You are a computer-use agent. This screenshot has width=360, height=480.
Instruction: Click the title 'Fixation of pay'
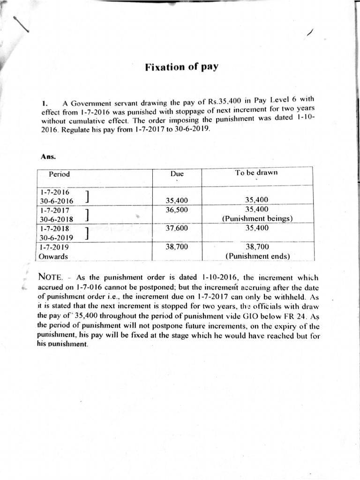coord(182,67)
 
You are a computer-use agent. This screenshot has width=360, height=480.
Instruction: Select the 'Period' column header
coord(59,174)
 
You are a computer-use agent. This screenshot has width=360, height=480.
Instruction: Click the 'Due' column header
coord(177,174)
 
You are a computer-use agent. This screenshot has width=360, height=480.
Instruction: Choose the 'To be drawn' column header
coord(256,172)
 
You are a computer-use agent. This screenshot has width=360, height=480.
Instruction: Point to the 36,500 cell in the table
coord(177,210)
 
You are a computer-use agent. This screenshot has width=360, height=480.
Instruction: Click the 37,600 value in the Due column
coord(177,228)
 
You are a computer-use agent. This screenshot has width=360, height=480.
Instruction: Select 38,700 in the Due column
coord(177,247)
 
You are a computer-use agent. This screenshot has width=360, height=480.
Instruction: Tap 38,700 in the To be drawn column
coord(257,247)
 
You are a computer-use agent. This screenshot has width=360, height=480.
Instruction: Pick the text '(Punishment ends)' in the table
coord(257,256)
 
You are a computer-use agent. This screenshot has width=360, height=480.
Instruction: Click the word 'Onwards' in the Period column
coord(53,256)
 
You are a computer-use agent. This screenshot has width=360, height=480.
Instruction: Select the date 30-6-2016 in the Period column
coord(56,201)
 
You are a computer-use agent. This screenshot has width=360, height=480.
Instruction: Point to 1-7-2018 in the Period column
coord(54,228)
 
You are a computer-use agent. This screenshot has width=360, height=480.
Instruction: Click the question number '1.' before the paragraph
coord(45,104)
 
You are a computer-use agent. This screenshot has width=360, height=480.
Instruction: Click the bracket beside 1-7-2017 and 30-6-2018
coord(88,214)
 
